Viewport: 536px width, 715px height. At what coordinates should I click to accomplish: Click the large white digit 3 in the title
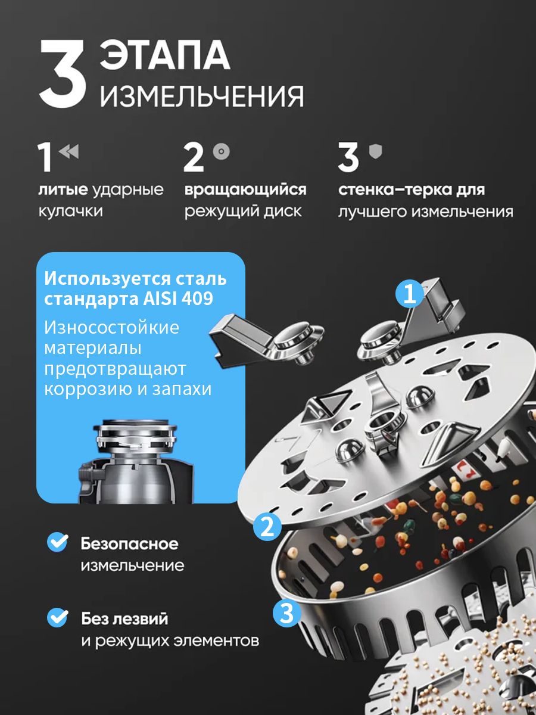(63, 74)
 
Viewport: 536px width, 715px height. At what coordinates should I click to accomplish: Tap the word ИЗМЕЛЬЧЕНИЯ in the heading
(202, 96)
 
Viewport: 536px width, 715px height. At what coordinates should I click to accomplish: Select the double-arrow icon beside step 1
(69, 152)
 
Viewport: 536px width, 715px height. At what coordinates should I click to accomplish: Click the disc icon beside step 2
(222, 151)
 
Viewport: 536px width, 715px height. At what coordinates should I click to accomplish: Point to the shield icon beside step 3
(375, 151)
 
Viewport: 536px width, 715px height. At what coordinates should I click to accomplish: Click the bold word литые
(63, 190)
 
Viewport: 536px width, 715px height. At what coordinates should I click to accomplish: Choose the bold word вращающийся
(245, 190)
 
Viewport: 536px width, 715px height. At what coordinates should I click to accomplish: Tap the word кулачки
(71, 211)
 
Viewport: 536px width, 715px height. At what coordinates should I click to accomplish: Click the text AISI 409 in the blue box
(177, 299)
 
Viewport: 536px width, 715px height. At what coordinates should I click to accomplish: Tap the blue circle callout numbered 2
(267, 527)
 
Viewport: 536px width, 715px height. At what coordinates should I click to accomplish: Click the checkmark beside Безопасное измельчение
(58, 542)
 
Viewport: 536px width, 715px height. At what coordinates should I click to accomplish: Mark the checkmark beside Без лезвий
(58, 618)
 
